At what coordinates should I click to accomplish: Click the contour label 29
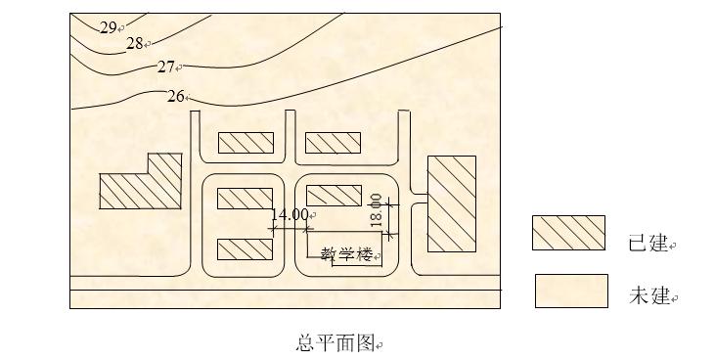pyautogui.click(x=108, y=27)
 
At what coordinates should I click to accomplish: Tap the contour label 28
pyautogui.click(x=135, y=43)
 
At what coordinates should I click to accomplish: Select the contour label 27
pyautogui.click(x=165, y=67)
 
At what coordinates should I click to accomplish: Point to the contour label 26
pyautogui.click(x=175, y=96)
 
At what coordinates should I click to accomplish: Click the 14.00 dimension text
pyautogui.click(x=289, y=215)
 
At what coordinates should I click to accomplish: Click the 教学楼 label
pyautogui.click(x=348, y=254)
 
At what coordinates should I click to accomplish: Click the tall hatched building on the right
pyautogui.click(x=451, y=203)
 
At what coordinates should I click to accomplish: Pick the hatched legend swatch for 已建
pyautogui.click(x=569, y=233)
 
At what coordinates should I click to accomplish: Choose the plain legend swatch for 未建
pyautogui.click(x=571, y=291)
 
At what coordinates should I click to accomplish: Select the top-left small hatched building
pyautogui.click(x=245, y=144)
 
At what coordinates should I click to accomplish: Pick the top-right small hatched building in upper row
pyautogui.click(x=334, y=144)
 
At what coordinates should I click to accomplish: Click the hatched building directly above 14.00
pyautogui.click(x=245, y=198)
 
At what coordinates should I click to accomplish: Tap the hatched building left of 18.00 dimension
pyautogui.click(x=334, y=195)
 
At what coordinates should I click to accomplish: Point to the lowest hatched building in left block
pyautogui.click(x=245, y=249)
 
